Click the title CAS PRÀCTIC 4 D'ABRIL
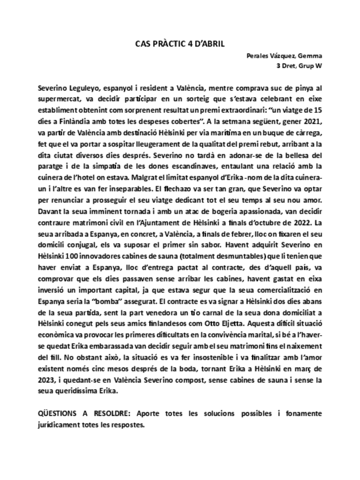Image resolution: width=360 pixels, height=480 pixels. [179, 42]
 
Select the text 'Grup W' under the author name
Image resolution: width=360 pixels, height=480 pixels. [311, 66]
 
